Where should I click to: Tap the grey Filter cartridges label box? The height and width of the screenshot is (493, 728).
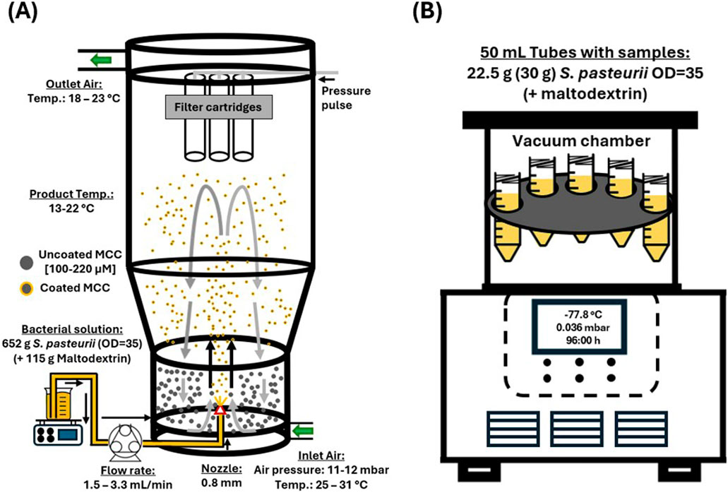tap(219, 107)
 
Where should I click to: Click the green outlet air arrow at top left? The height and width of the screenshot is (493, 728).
tap(101, 60)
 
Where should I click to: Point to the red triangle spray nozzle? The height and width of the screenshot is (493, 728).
tap(220, 410)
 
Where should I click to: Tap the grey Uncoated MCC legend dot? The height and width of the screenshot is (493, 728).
tap(26, 263)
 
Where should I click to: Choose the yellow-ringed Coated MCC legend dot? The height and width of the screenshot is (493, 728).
tap(26, 289)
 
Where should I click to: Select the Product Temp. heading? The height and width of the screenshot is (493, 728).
tap(71, 194)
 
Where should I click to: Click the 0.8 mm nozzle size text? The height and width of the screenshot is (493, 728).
tap(222, 482)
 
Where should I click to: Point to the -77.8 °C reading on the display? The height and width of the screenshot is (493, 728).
tap(580, 315)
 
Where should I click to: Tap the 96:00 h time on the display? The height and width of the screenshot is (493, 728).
tap(580, 340)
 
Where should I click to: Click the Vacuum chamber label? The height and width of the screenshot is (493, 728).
tap(581, 141)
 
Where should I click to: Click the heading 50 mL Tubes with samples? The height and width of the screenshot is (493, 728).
tap(585, 52)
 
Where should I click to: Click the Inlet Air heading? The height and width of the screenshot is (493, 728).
tap(321, 456)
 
